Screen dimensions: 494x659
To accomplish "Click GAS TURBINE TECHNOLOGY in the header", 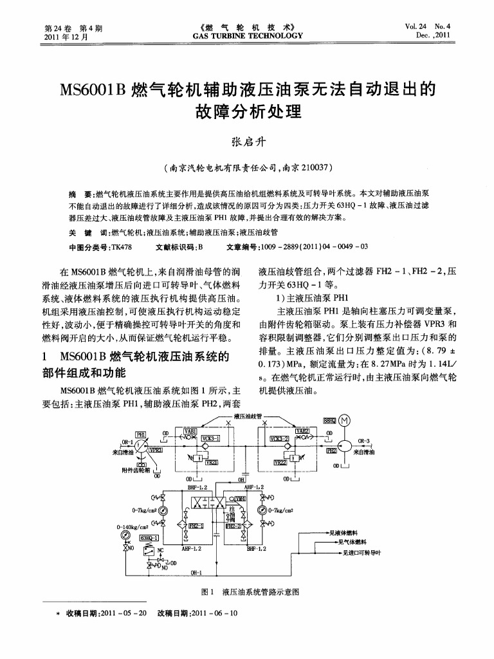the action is (x=247, y=36).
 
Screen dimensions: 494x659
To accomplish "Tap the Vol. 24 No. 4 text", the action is (x=428, y=27).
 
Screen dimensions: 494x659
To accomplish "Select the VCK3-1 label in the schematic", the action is (x=210, y=438).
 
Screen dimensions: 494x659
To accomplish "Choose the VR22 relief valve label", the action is (x=281, y=461).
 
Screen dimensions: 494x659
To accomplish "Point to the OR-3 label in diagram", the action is (x=365, y=441).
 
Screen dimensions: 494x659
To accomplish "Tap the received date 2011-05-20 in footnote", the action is (x=126, y=613).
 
